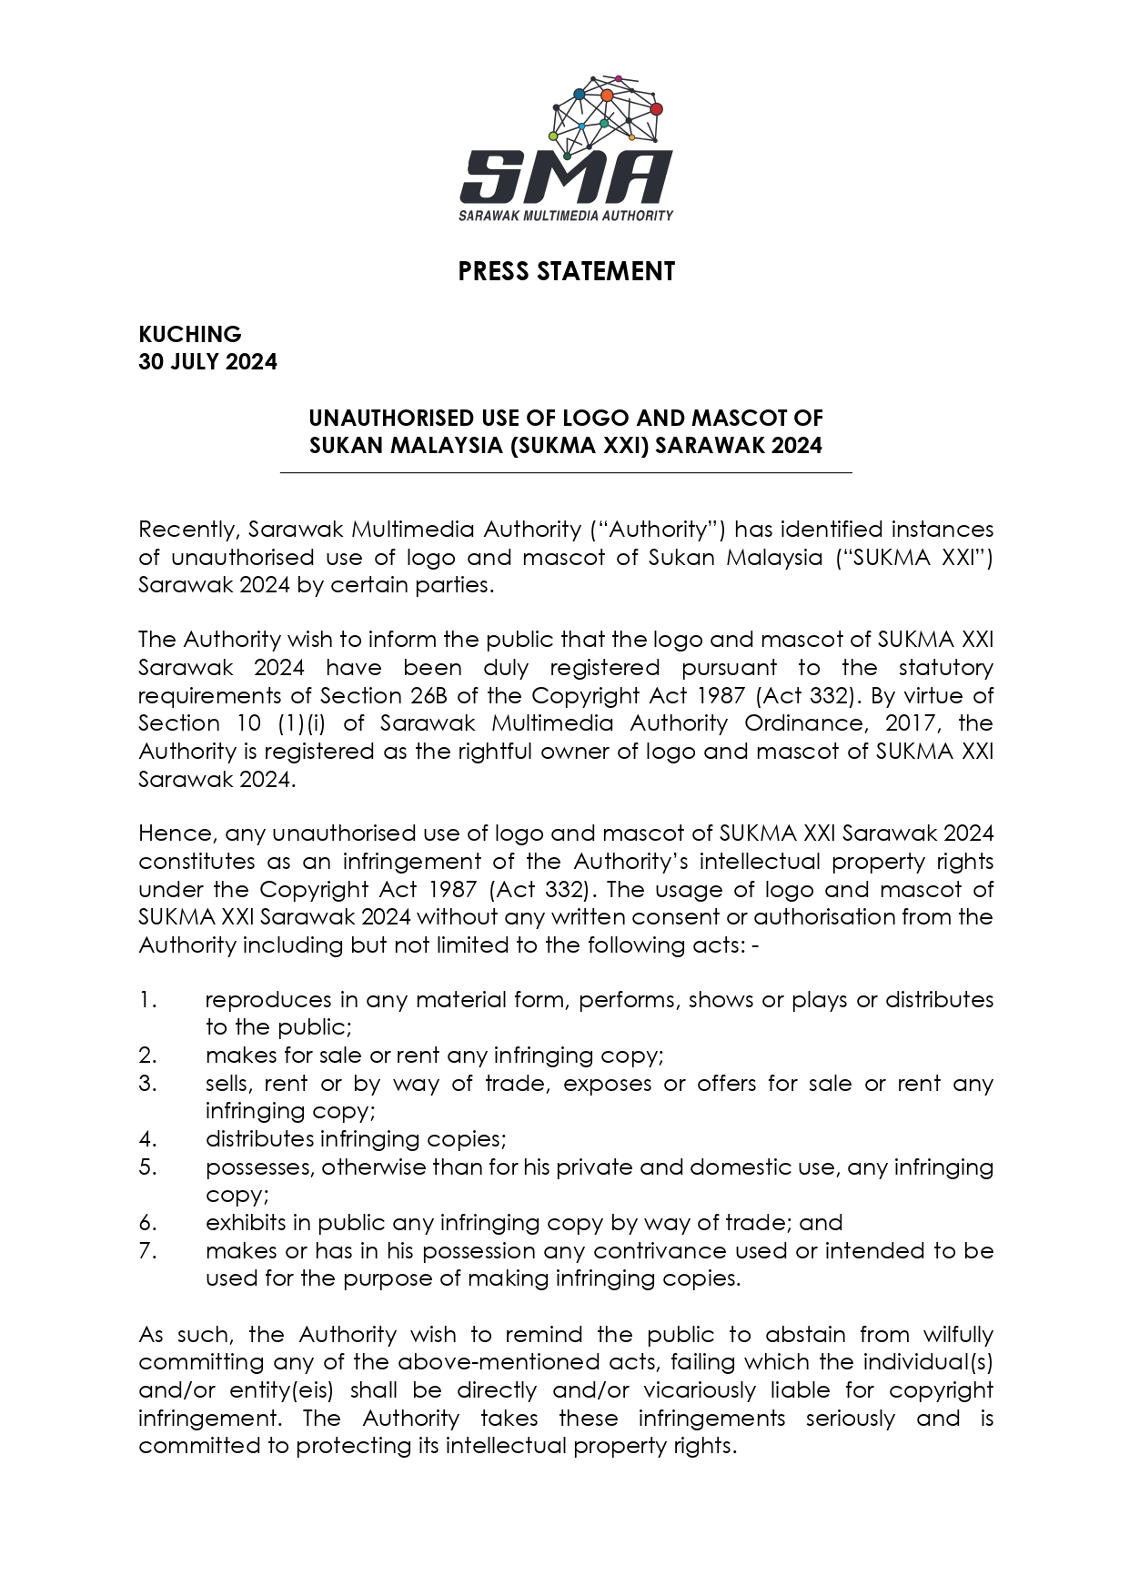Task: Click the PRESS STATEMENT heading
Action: [x=566, y=271]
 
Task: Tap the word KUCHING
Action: [x=190, y=334]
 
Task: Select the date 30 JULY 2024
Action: [x=207, y=362]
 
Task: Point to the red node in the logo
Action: [x=656, y=109]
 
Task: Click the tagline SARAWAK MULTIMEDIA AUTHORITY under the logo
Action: [x=566, y=216]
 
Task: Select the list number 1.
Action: [x=147, y=1000]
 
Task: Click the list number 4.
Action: [x=147, y=1139]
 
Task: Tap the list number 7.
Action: [x=147, y=1251]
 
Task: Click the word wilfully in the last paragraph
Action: [x=958, y=1335]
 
